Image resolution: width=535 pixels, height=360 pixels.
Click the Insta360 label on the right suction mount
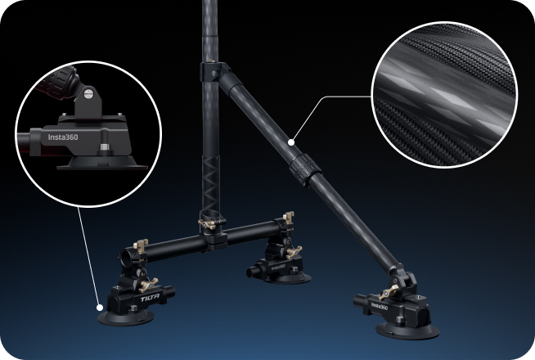380,306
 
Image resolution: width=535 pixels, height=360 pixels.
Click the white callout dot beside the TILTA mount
99,308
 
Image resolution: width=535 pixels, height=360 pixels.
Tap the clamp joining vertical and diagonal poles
214,72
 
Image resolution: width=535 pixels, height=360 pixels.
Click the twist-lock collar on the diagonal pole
304,164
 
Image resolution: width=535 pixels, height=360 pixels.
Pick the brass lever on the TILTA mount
151,283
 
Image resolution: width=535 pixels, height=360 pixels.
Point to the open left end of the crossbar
129,259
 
